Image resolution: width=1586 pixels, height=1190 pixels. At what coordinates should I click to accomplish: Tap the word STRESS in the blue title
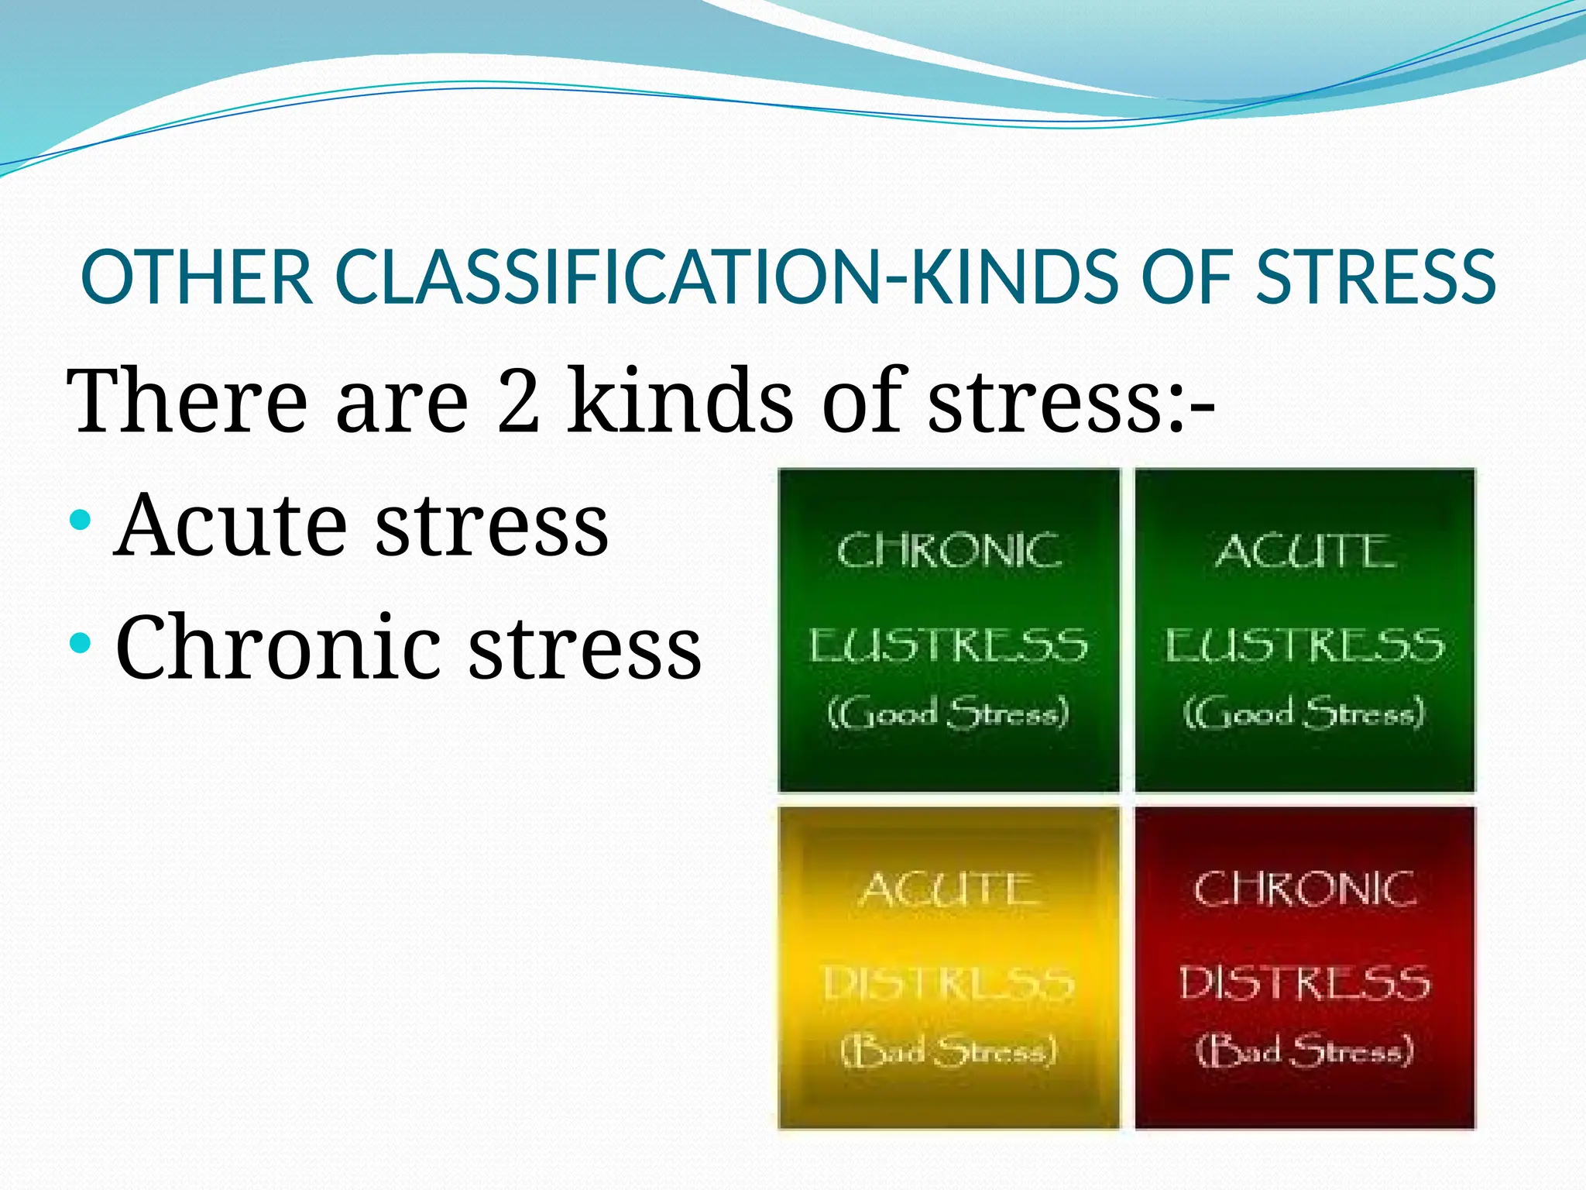coord(1375,277)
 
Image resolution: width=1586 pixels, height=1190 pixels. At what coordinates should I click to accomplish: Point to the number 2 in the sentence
coord(518,401)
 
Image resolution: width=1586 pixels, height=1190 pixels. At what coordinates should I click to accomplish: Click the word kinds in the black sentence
coord(680,401)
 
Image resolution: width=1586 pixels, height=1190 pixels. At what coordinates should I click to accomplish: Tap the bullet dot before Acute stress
coord(80,518)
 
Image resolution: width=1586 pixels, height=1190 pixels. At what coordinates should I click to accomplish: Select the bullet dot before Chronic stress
coord(80,641)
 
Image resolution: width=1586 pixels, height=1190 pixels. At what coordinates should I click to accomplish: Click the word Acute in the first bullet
coord(230,525)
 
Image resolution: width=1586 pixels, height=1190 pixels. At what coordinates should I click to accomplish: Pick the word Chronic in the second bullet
coord(277,647)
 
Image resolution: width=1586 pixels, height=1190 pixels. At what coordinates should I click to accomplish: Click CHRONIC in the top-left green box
coord(949,551)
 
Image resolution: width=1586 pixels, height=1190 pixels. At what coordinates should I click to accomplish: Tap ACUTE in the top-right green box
coord(1305,551)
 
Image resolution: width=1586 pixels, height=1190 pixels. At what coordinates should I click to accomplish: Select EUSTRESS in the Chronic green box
coord(949,645)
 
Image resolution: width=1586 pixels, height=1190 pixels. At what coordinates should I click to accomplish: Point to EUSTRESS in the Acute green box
coord(1305,645)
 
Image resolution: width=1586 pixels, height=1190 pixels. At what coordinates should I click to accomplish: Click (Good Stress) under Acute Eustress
coord(1304,712)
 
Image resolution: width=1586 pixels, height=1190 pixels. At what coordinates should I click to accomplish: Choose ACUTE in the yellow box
coord(949,889)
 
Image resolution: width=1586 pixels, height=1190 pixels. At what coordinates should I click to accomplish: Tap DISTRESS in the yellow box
coord(949,984)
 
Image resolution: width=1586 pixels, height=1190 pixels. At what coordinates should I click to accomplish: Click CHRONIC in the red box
coord(1305,889)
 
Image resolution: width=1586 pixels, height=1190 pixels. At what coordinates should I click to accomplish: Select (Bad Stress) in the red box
coord(1305,1051)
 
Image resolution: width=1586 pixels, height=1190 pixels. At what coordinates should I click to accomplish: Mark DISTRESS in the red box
coord(1305,984)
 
